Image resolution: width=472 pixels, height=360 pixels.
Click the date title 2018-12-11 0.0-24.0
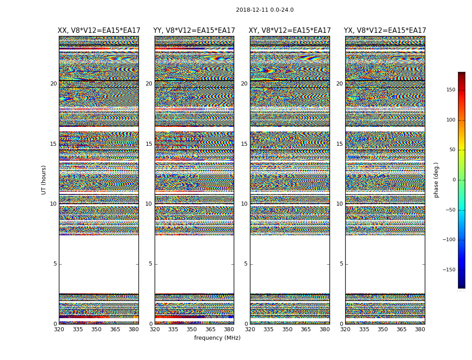tap(265, 10)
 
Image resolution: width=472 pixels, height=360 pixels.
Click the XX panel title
tap(99, 31)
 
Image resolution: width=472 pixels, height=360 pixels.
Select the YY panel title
tap(194, 31)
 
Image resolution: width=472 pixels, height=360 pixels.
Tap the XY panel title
tap(290, 31)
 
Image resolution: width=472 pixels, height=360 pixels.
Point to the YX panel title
tap(385, 31)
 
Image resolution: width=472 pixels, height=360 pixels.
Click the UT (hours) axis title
tap(44, 180)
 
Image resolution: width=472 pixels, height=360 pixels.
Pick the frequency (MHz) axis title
tap(217, 338)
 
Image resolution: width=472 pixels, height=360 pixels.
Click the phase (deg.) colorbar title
tap(436, 180)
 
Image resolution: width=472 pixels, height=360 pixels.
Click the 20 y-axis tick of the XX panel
tap(53, 84)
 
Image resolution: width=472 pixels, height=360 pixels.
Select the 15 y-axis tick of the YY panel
tap(149, 144)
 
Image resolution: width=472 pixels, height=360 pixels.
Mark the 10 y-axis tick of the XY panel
tap(244, 204)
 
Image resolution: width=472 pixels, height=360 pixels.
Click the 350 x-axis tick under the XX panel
tap(96, 329)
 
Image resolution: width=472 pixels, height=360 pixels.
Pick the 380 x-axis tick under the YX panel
tap(420, 329)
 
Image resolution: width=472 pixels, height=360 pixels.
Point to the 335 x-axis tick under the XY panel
tap(268, 329)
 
